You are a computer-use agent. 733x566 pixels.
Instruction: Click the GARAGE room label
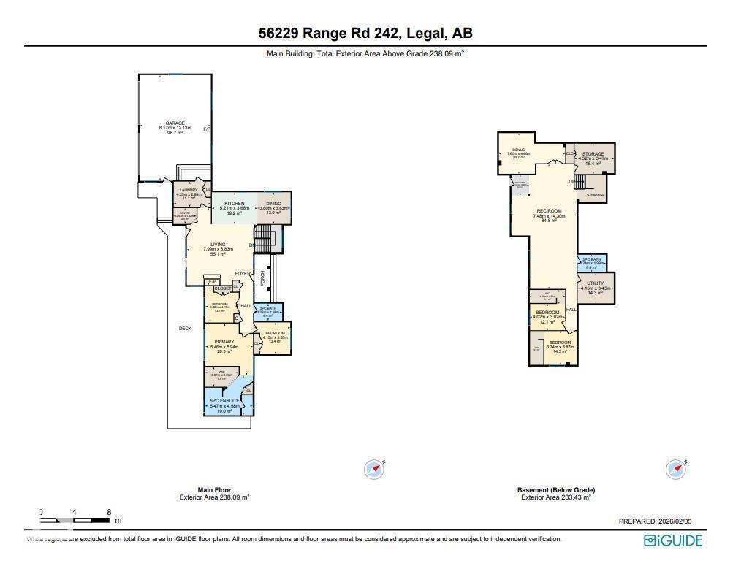point(175,123)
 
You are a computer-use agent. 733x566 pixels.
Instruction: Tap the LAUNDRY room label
point(189,190)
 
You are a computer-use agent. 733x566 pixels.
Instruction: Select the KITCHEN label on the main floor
point(234,203)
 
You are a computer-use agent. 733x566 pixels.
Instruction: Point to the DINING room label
point(274,203)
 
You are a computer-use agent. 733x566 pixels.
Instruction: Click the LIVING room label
point(218,245)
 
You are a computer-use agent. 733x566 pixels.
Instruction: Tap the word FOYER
point(243,274)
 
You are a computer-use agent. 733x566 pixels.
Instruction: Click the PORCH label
point(262,278)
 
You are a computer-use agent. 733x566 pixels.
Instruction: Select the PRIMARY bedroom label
point(224,342)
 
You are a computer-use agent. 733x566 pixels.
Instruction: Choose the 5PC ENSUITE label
point(224,401)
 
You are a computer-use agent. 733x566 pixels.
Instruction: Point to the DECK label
point(186,329)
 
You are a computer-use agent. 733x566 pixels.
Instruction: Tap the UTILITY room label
point(596,283)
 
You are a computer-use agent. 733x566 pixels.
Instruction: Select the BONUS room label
point(519,149)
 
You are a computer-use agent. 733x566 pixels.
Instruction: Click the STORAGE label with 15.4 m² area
point(593,154)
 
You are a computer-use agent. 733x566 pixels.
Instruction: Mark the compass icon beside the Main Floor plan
point(374,469)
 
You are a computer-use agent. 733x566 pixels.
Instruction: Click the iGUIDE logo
point(672,540)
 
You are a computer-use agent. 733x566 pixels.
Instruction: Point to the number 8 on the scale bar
point(109,512)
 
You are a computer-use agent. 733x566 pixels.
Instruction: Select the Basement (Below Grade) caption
point(555,490)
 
